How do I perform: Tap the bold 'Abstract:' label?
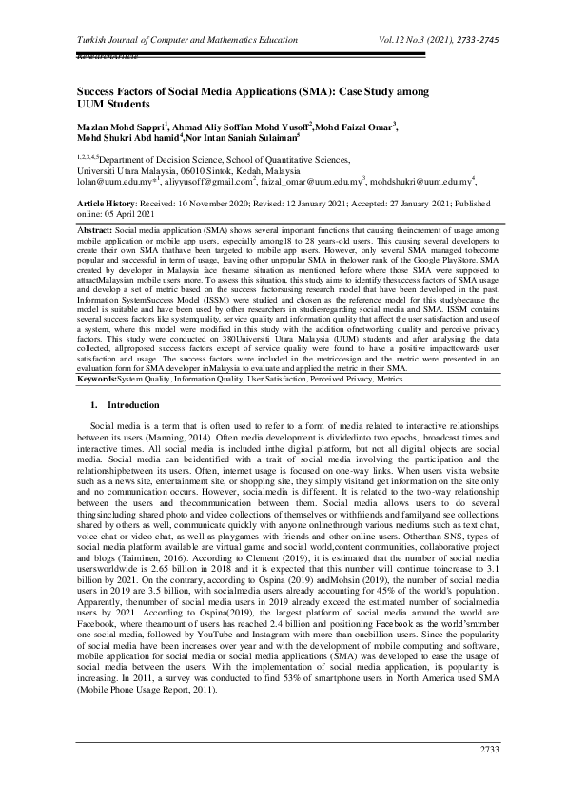[94, 231]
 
